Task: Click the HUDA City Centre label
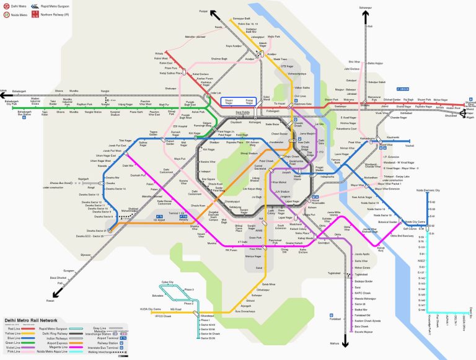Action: [152, 309]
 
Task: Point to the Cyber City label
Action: [167, 282]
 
